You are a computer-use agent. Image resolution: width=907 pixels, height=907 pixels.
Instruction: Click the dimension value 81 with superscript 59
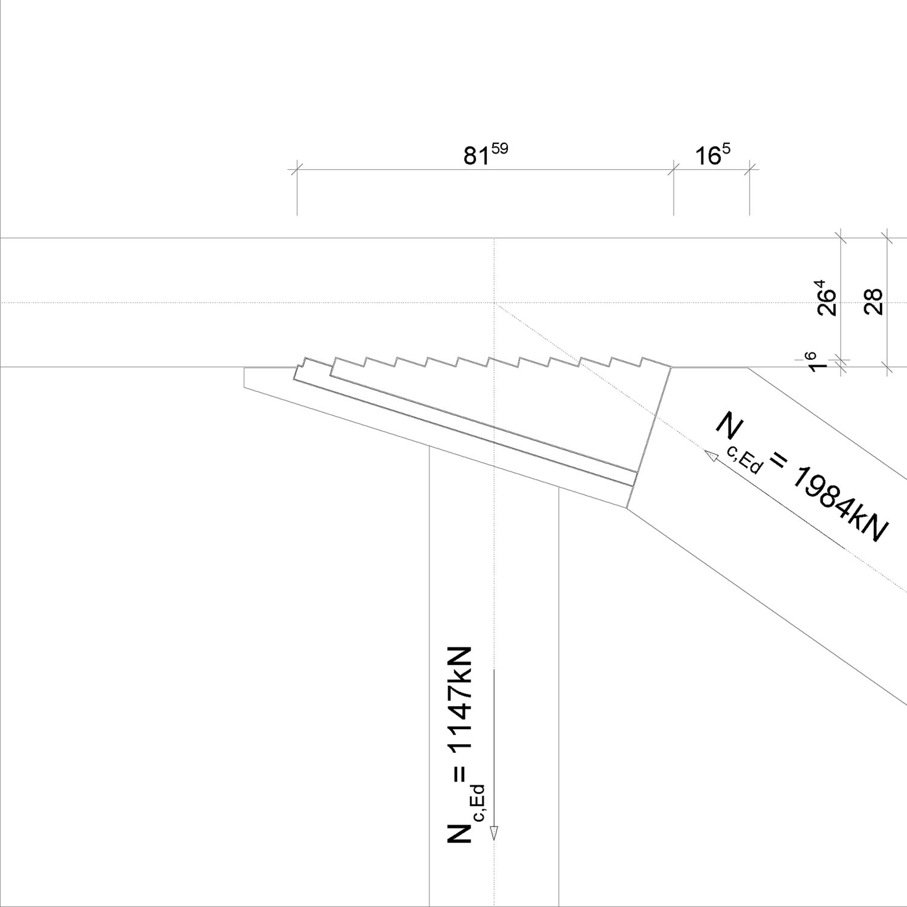pyautogui.click(x=485, y=155)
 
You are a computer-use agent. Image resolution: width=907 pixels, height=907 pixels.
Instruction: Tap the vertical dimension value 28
pyautogui.click(x=873, y=302)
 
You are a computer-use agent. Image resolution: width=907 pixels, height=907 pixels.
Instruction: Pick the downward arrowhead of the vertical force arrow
pyautogui.click(x=493, y=845)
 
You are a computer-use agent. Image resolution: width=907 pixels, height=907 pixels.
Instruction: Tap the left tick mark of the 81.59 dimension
pyautogui.click(x=297, y=170)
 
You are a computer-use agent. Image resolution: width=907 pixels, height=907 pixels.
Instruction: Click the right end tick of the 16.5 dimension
pyautogui.click(x=749, y=170)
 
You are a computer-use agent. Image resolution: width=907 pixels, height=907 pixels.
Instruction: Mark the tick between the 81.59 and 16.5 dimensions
pyautogui.click(x=674, y=170)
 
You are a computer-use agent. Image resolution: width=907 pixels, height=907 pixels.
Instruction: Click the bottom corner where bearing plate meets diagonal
pyautogui.click(x=627, y=508)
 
